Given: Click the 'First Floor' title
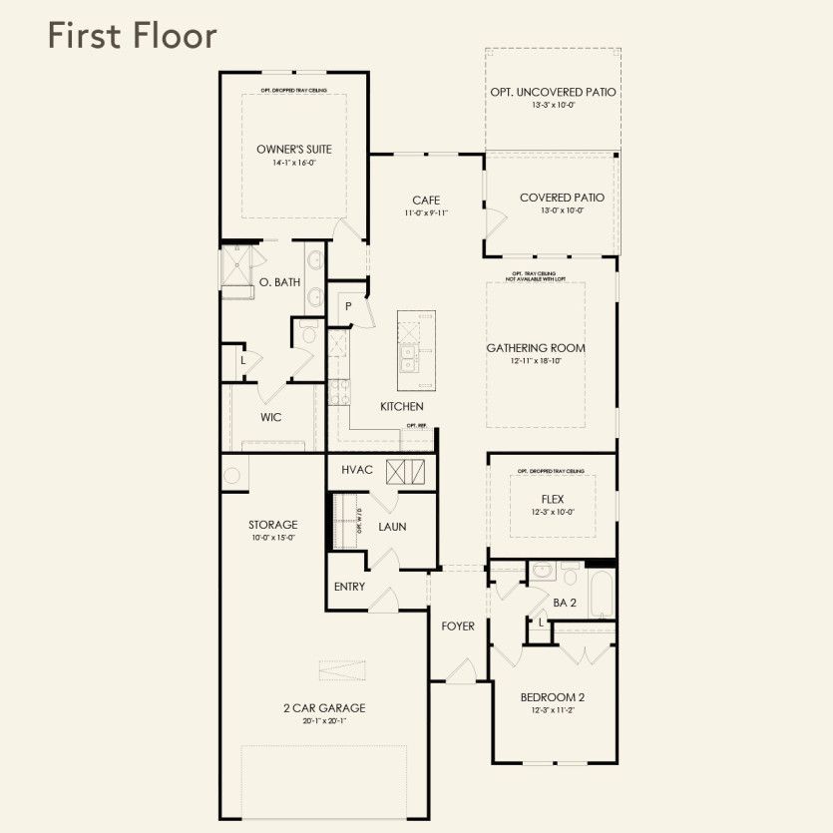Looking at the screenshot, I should [131, 37].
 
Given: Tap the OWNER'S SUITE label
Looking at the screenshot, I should [294, 150].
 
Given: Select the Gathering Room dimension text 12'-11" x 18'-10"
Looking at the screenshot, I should [536, 361].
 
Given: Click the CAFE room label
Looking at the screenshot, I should [426, 200].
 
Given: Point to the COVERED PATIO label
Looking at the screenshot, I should [562, 198].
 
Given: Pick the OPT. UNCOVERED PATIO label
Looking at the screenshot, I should [553, 92].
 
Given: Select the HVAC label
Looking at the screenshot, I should [356, 470].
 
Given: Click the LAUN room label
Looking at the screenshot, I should [392, 527].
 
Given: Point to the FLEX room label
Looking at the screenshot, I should [553, 499].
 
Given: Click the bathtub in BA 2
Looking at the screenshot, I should [601, 595].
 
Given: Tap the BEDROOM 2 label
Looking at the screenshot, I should [553, 697].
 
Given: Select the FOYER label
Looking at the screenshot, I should [458, 626].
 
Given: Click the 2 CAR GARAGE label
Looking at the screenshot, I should [323, 708].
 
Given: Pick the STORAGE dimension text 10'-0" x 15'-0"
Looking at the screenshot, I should [272, 538].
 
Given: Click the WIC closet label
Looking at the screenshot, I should [271, 417].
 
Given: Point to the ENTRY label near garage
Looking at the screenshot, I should [349, 587].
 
